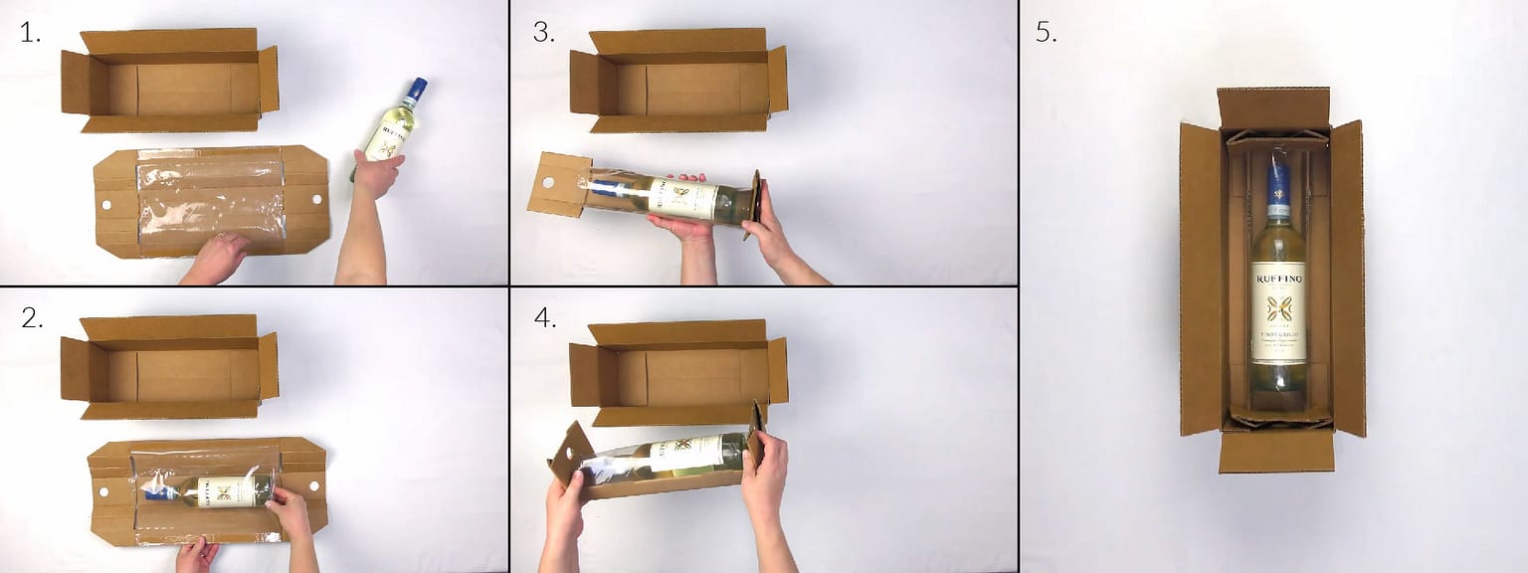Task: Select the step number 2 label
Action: tap(32, 318)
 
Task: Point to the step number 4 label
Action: tap(543, 318)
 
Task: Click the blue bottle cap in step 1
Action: tap(417, 88)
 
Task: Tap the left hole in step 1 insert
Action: tap(107, 204)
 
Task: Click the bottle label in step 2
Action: tap(220, 490)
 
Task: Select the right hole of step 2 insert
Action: tap(314, 487)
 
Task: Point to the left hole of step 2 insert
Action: tap(100, 490)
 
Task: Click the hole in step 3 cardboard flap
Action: tap(545, 184)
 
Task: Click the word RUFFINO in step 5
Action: tap(1278, 280)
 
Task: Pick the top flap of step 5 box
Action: tap(1273, 106)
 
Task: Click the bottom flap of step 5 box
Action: tap(1276, 451)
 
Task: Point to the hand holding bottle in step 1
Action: tap(377, 174)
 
